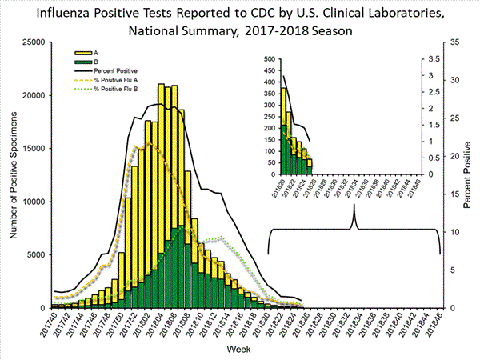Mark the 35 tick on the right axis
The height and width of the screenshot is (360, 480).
(x=453, y=42)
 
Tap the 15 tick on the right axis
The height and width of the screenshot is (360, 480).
(x=453, y=194)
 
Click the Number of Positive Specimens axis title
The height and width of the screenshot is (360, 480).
(x=12, y=174)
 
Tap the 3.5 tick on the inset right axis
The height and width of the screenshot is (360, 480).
(x=434, y=59)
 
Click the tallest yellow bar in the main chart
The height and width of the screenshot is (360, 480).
(x=162, y=196)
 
